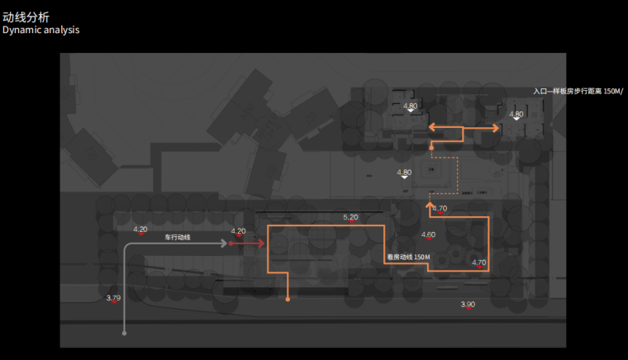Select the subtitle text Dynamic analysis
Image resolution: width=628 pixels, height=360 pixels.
40,30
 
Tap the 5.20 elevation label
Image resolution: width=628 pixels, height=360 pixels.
350,217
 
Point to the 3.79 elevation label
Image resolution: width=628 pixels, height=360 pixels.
113,297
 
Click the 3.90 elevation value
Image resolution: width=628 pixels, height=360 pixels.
468,305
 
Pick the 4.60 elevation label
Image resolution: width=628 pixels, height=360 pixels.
428,235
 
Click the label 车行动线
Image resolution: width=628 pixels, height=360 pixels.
177,238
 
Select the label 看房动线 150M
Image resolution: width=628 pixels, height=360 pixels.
409,258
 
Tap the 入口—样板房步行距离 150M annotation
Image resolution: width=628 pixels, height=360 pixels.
578,92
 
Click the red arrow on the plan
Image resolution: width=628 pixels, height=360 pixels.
248,244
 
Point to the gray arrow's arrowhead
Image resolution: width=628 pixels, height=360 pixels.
224,244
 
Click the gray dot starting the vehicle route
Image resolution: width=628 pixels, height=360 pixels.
124,334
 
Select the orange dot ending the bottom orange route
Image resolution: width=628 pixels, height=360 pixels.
288,298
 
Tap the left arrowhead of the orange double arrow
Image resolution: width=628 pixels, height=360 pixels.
432,128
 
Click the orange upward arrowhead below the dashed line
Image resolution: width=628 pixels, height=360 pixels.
430,203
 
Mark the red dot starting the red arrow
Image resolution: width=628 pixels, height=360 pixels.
231,244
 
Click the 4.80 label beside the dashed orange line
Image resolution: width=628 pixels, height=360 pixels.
404,173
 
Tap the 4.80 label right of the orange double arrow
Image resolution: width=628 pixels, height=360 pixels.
516,114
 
